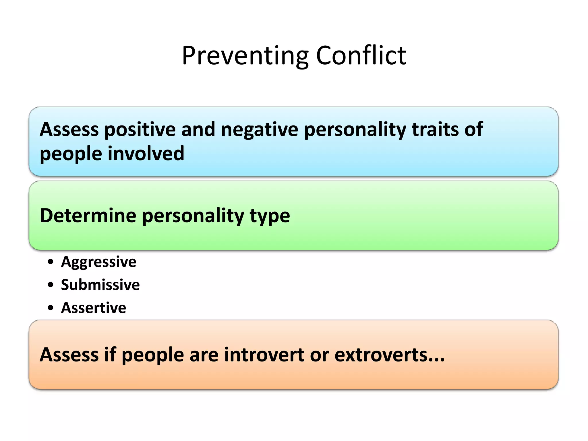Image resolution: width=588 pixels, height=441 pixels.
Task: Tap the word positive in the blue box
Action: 140,129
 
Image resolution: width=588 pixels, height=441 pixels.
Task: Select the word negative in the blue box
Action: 260,129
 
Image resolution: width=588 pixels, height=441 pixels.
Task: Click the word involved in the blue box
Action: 146,153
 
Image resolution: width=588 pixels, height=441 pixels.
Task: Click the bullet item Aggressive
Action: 98,262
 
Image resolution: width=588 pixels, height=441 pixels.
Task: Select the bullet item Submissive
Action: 100,285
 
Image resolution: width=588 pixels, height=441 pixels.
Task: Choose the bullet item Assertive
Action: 94,308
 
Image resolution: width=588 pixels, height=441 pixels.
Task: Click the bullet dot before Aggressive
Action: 51,262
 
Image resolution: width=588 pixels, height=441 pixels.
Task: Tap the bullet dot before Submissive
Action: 51,285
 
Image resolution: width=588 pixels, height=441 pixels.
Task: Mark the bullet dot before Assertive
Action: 51,308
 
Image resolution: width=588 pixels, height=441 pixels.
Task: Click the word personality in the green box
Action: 193,216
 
